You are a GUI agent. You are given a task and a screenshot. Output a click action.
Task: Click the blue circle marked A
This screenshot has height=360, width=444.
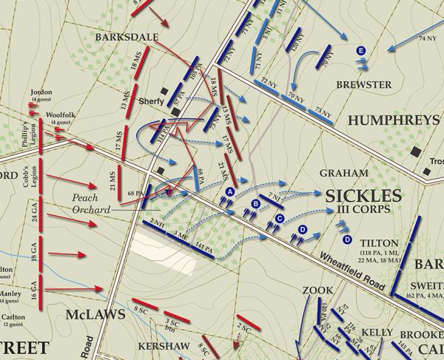[x=229, y=191]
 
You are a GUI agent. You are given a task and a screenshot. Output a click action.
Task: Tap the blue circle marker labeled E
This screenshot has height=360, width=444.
[x=360, y=50]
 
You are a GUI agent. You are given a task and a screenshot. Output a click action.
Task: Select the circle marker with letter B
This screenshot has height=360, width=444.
[x=256, y=203]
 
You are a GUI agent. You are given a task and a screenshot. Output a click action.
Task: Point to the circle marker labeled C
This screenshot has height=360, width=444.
[x=280, y=218]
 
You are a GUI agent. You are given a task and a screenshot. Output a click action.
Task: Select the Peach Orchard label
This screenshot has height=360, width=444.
[x=90, y=204]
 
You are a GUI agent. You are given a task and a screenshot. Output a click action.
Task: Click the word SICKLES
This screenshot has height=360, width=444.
[x=362, y=196]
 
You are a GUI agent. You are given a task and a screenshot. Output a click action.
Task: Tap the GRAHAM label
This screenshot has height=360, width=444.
[x=343, y=173]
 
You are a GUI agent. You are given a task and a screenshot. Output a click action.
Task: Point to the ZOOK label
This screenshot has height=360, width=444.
[x=317, y=291]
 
